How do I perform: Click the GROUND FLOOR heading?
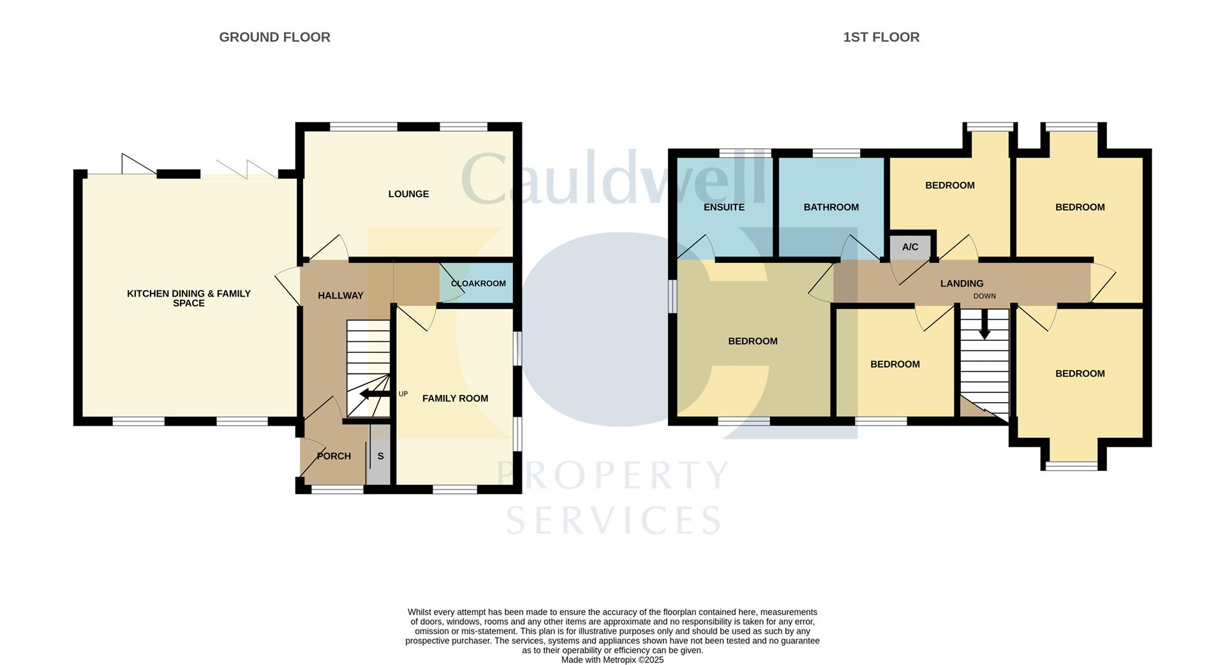(274, 37)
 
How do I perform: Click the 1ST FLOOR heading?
(880, 37)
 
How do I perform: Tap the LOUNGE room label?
(408, 194)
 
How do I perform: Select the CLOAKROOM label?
(478, 283)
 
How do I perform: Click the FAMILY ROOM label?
(455, 398)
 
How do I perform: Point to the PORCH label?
(334, 456)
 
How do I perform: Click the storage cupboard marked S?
(381, 457)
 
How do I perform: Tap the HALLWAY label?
(340, 295)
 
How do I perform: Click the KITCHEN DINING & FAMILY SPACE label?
(189, 298)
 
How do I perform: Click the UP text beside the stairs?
(403, 394)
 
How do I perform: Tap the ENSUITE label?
(724, 207)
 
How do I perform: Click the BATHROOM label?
(831, 207)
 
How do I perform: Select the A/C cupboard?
(910, 247)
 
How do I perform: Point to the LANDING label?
(961, 283)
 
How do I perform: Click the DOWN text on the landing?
(984, 296)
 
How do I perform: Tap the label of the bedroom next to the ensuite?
(753, 341)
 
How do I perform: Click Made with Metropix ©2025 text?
(612, 660)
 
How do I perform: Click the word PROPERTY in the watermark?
(612, 475)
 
